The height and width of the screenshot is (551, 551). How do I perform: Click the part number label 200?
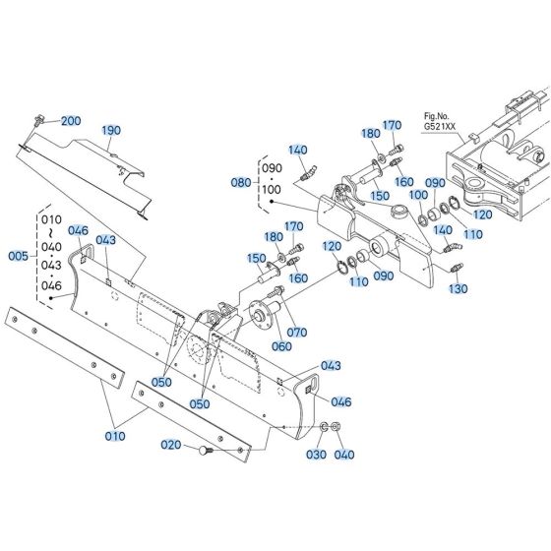point(71,121)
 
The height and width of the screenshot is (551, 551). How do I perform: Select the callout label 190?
point(111,130)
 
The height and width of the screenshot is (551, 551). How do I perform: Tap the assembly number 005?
point(18,256)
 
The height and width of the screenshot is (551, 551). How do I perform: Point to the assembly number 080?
point(241,182)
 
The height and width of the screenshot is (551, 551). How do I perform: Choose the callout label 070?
point(297,332)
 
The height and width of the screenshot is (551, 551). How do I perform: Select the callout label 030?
point(315,454)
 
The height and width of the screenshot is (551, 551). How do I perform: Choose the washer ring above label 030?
point(324,429)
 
